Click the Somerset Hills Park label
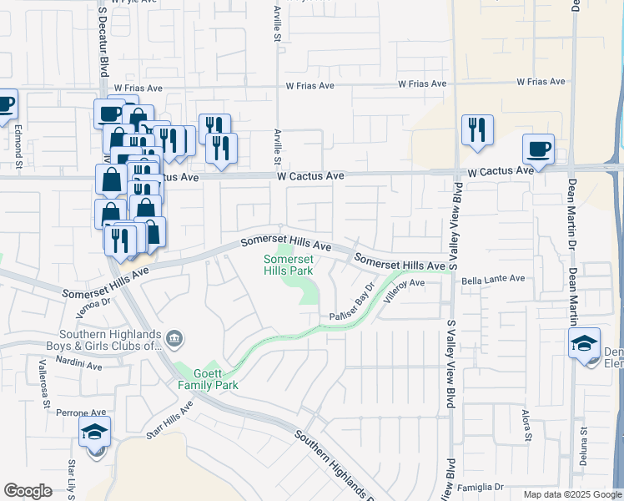click(x=288, y=266)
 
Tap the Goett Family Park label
click(x=208, y=379)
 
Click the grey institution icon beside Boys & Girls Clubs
click(x=174, y=337)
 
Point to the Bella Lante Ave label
click(x=493, y=279)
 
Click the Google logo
click(x=28, y=491)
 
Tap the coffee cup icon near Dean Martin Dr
click(x=538, y=149)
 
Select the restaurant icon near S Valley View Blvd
click(x=477, y=129)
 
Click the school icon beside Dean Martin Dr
click(x=584, y=342)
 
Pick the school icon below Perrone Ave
click(x=94, y=433)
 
